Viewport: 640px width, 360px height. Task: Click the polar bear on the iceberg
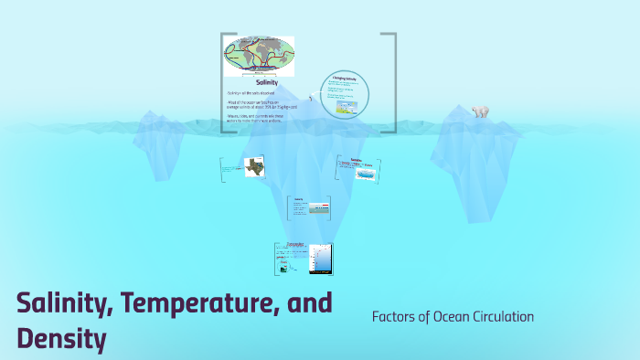pyautogui.click(x=479, y=111)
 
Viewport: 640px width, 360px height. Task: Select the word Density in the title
pyautogui.click(x=60, y=339)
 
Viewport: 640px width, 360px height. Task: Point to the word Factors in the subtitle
pyautogui.click(x=395, y=317)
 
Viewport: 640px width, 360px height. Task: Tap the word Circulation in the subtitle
pyautogui.click(x=504, y=317)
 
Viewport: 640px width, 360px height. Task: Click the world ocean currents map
pyautogui.click(x=260, y=56)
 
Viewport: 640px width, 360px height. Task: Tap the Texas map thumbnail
pyautogui.click(x=255, y=167)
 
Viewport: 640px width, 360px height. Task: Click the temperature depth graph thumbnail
pyautogui.click(x=320, y=259)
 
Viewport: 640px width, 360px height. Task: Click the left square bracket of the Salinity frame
pyautogui.click(x=223, y=82)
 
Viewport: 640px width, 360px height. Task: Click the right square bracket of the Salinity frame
pyautogui.click(x=393, y=82)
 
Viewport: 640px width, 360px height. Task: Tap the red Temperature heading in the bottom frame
pyautogui.click(x=294, y=245)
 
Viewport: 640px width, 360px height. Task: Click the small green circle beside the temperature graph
pyautogui.click(x=284, y=268)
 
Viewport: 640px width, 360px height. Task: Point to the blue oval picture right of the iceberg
pyautogui.click(x=365, y=172)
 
